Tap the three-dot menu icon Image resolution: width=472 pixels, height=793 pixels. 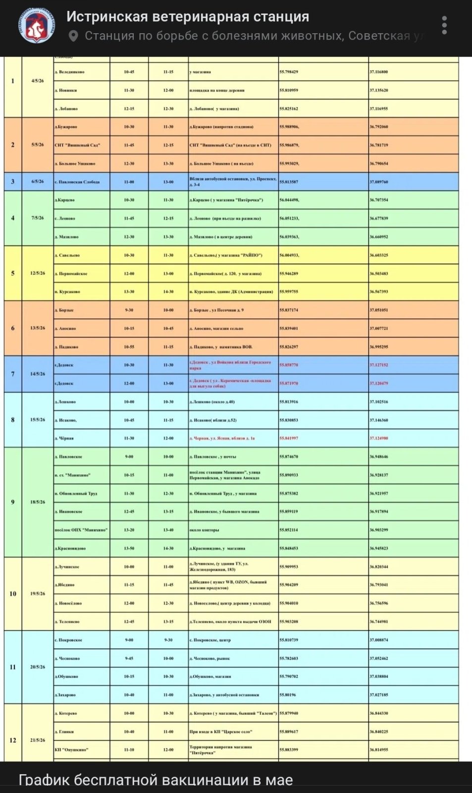[x=444, y=25]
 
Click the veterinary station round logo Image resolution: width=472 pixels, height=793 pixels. [x=37, y=25]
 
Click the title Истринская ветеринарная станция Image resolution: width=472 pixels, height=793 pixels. [x=188, y=17]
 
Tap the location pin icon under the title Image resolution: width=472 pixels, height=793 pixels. [x=73, y=36]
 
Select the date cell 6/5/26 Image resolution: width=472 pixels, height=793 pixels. [x=38, y=181]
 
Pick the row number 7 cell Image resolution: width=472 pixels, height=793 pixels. [x=13, y=374]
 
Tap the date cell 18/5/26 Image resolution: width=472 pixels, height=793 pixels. [x=38, y=502]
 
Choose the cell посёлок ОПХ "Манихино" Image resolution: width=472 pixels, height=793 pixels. [x=81, y=530]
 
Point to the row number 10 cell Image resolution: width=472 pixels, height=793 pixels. [x=13, y=594]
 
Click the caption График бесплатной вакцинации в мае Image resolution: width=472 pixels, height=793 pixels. [x=156, y=780]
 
